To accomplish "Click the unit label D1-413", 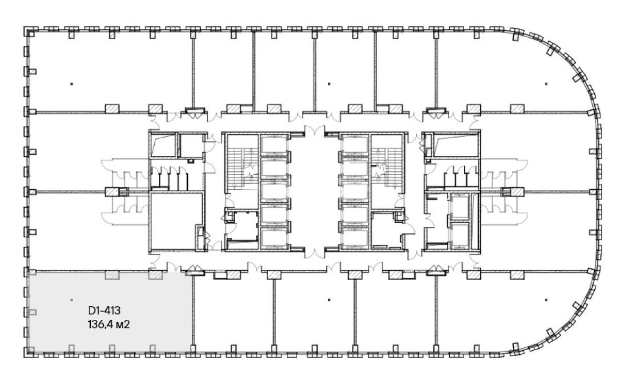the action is point(104,310).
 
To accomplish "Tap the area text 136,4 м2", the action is point(109,324).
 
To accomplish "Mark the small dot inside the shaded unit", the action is point(72,300).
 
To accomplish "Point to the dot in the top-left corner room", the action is point(72,84).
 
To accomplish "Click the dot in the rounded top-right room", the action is point(546,84).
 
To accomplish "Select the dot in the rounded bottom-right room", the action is point(546,300).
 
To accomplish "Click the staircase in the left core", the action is point(242,169).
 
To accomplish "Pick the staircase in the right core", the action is point(386,169).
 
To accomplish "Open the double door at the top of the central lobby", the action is point(315,130).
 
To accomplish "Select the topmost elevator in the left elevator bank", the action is point(274,144).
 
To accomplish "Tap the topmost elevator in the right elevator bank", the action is point(355,144).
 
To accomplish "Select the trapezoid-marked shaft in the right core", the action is point(456,145).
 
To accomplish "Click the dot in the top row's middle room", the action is point(329,84).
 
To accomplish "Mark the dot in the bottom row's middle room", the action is point(329,300).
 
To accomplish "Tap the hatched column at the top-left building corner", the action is point(31,34).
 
